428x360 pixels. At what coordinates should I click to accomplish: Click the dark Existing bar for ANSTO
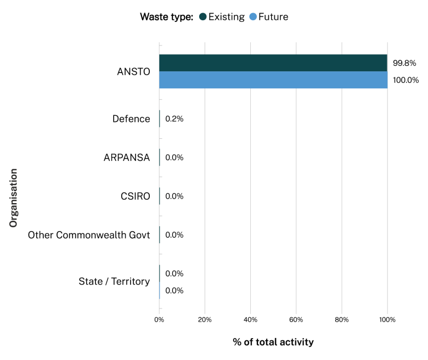(273, 63)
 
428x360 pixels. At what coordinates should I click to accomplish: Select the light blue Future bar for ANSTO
(273, 80)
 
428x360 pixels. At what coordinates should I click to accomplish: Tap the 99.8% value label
(404, 63)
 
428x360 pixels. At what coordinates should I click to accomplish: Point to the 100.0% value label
(406, 80)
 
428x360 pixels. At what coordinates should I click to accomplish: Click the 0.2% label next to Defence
(174, 119)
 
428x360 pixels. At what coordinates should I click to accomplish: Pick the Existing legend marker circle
(203, 17)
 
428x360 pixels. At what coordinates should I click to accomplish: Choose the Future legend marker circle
(253, 17)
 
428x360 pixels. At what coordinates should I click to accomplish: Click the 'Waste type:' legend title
(167, 17)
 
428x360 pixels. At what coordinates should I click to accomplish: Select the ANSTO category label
(133, 72)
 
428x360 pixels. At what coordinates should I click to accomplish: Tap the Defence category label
(131, 119)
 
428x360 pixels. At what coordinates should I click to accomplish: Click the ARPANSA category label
(127, 157)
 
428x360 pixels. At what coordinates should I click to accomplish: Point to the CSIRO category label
(135, 196)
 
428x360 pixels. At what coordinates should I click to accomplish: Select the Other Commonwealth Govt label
(89, 235)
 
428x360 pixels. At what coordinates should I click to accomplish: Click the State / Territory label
(114, 282)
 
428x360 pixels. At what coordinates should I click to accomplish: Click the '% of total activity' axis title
(273, 342)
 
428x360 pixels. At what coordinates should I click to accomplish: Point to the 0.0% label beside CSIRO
(174, 196)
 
